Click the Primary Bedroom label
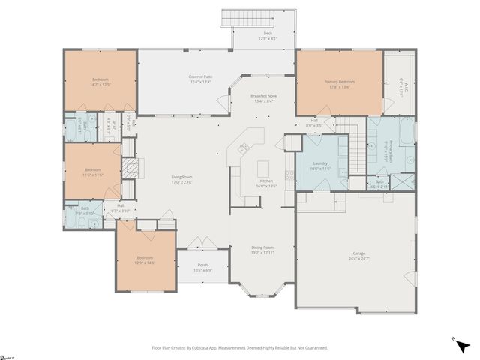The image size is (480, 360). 340,82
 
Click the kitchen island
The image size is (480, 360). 263,166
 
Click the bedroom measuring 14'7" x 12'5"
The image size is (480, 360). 100,82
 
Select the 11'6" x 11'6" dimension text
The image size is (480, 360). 93,175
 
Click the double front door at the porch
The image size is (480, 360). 197,244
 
